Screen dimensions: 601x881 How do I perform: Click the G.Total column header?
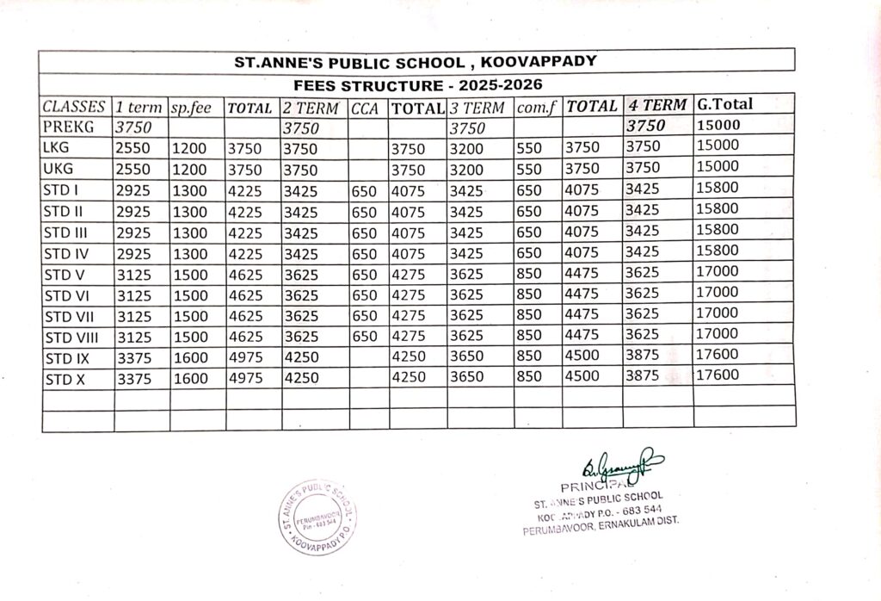tap(724, 104)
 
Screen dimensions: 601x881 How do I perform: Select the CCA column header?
tap(365, 108)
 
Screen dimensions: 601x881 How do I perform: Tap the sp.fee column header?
tap(191, 108)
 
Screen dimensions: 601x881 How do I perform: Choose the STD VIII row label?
tap(71, 336)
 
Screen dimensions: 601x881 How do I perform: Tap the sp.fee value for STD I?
tap(189, 190)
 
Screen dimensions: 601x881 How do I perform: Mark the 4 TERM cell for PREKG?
tap(646, 126)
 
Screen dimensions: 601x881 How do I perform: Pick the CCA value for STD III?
tap(365, 232)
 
